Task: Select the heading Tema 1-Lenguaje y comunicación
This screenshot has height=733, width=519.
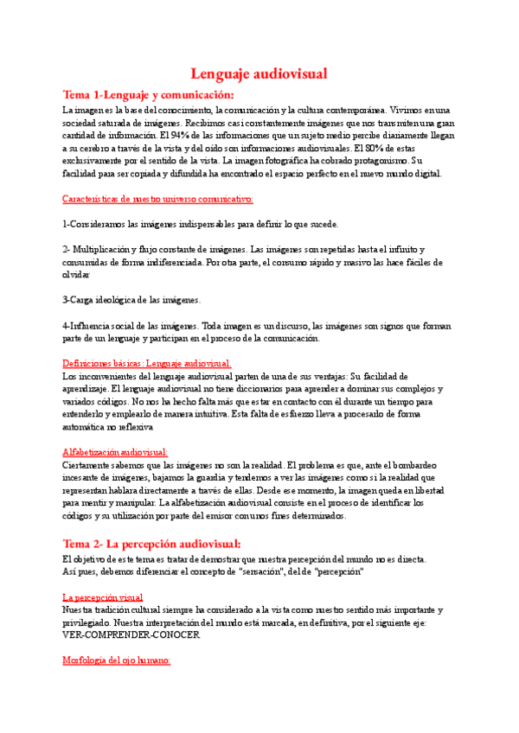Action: [148, 94]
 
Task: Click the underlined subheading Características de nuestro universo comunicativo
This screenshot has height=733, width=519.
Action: [157, 199]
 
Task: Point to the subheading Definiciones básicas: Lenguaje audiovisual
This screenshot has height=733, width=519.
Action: [147, 364]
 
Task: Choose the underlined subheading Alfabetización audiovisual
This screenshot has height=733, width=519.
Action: [115, 452]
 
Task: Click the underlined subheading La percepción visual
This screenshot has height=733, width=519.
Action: [103, 597]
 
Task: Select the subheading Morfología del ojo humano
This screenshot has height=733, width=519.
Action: [117, 660]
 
